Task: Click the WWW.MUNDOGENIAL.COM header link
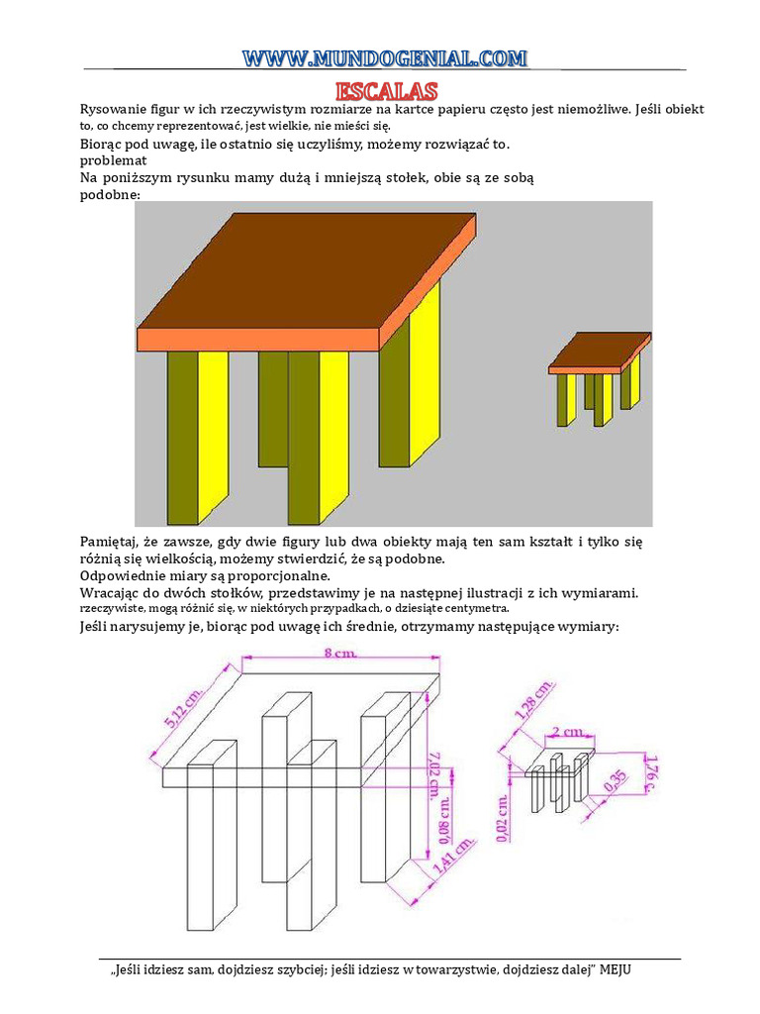386,59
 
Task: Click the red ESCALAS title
386,91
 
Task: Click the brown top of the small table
602,349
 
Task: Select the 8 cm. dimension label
342,654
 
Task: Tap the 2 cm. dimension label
569,733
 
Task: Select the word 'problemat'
113,160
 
